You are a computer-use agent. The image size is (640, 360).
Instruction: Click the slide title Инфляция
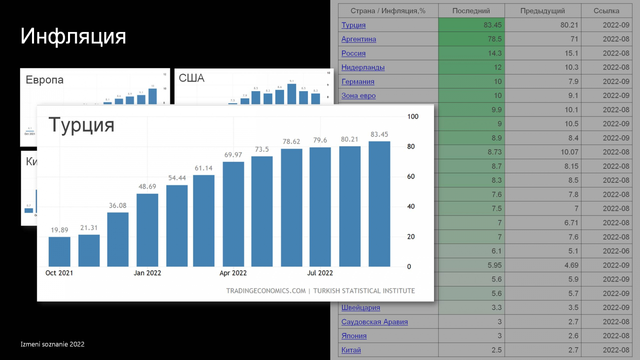click(x=73, y=36)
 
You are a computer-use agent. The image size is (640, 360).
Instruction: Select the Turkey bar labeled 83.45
click(x=379, y=204)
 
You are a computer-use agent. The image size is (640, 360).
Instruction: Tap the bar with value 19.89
click(x=59, y=252)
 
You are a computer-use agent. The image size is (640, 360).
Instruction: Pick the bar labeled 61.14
click(x=204, y=221)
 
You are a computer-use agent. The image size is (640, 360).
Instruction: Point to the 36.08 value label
click(x=118, y=206)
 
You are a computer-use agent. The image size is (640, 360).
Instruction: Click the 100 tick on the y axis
click(x=413, y=117)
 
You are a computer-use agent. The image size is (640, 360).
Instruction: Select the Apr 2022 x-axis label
click(x=233, y=273)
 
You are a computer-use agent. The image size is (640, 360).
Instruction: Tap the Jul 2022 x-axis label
click(x=320, y=273)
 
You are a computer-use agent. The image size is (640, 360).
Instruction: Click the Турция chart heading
click(x=82, y=125)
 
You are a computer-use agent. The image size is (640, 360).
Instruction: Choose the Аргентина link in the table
click(x=358, y=39)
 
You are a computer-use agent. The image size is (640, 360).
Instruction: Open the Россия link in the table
click(x=353, y=53)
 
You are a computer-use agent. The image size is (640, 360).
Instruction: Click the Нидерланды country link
click(x=363, y=67)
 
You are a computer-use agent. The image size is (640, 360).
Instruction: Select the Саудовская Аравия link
click(x=374, y=322)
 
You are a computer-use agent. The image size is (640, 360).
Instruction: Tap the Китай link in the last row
click(x=351, y=350)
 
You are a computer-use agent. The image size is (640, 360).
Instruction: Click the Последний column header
click(x=471, y=11)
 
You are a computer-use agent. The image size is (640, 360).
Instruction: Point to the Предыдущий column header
click(x=542, y=11)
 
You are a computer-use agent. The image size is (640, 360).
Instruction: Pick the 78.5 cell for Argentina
click(x=494, y=39)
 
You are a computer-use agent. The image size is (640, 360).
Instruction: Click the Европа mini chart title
click(x=44, y=80)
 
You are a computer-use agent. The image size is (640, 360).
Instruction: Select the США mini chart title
click(x=191, y=78)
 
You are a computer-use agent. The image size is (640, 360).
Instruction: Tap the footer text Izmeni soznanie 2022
click(x=52, y=344)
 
